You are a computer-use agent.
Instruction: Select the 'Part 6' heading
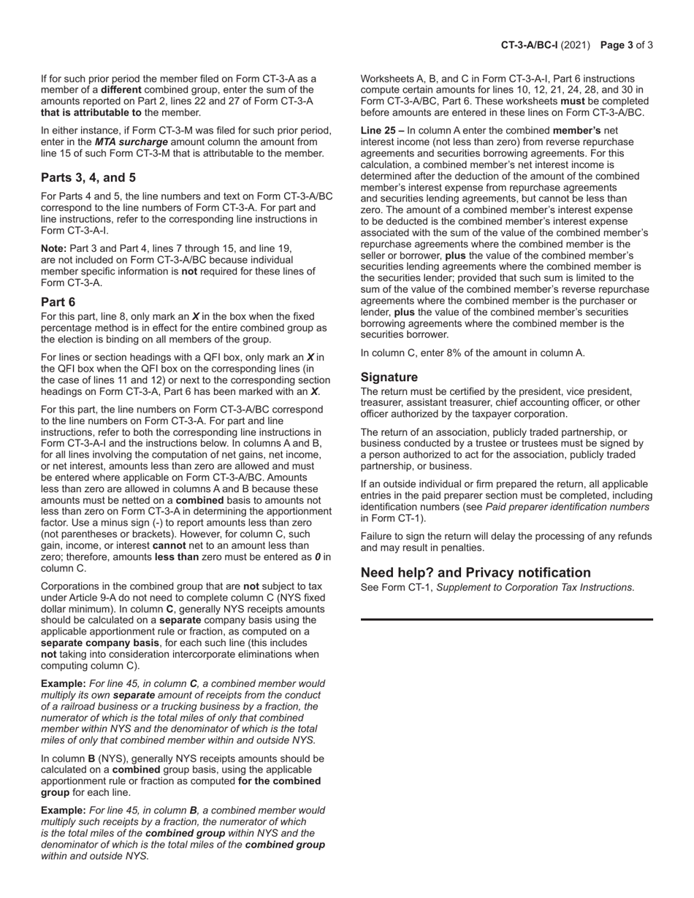click(58, 302)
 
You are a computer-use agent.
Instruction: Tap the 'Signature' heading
click(389, 377)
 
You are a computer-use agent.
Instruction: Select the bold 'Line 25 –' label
click(382, 130)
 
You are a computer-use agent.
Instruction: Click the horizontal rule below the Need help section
click(506, 619)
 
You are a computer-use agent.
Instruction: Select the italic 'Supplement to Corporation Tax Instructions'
click(535, 587)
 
